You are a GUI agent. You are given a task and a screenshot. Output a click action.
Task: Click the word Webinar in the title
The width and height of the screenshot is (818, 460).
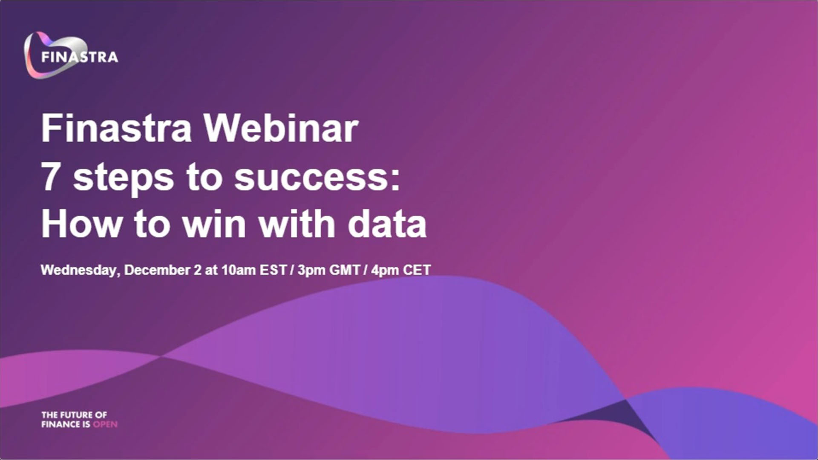[281, 128]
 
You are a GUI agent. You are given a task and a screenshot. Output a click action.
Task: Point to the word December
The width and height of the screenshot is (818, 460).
[158, 270]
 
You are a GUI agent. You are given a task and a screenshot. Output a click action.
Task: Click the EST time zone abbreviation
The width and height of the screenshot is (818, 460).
[273, 270]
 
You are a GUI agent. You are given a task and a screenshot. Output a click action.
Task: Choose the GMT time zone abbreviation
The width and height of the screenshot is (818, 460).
[345, 270]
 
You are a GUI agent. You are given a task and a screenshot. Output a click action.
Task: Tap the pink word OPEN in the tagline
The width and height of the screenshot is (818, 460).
[105, 424]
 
